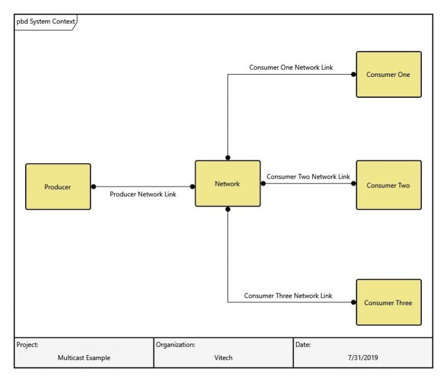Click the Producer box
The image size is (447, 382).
point(58,187)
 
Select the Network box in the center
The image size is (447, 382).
point(227,183)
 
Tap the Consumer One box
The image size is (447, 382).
point(388,75)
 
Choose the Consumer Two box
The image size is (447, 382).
point(388,185)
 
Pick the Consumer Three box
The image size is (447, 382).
point(388,303)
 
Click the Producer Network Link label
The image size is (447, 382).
point(143,194)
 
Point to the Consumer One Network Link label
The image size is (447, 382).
point(291,68)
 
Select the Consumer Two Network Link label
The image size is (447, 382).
point(308,176)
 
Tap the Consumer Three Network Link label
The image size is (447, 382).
point(288,296)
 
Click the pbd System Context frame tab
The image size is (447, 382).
point(45,22)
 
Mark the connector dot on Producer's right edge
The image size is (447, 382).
point(93,187)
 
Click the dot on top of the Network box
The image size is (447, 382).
point(228,157)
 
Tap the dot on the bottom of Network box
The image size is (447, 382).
point(228,209)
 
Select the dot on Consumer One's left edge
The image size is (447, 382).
point(353,75)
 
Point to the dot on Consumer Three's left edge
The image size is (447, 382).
point(353,302)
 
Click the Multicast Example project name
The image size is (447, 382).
point(84,358)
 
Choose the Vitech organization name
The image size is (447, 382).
point(223,358)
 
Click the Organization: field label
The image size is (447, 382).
point(175,345)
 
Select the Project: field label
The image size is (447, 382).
point(27,345)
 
